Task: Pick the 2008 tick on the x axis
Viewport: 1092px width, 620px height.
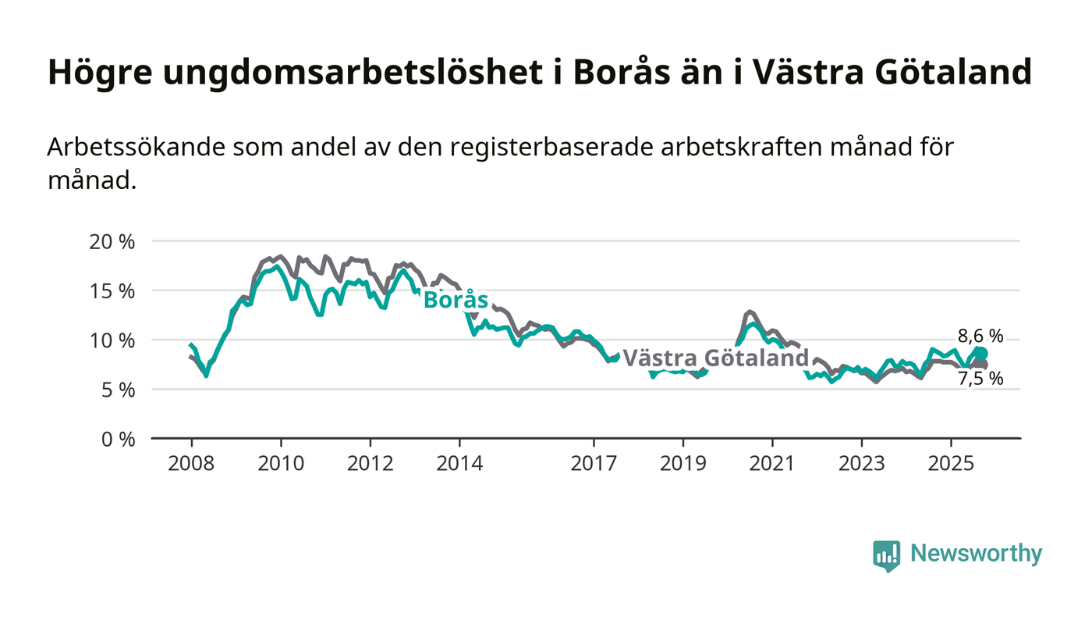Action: pos(191,463)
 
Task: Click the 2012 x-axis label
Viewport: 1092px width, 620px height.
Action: pos(370,463)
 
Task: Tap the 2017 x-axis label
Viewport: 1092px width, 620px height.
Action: pos(594,463)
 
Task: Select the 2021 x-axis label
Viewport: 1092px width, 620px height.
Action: pos(772,463)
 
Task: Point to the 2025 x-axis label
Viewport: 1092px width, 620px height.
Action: pos(951,463)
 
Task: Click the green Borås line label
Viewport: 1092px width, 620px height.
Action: pos(456,301)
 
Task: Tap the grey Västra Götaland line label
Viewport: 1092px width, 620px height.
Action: pos(715,358)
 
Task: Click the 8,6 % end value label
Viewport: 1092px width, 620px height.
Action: pos(980,337)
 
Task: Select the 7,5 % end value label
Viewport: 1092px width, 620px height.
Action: pos(980,379)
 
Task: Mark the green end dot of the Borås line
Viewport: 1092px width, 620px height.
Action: pos(981,354)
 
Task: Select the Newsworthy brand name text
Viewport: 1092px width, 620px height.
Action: pos(976,554)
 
